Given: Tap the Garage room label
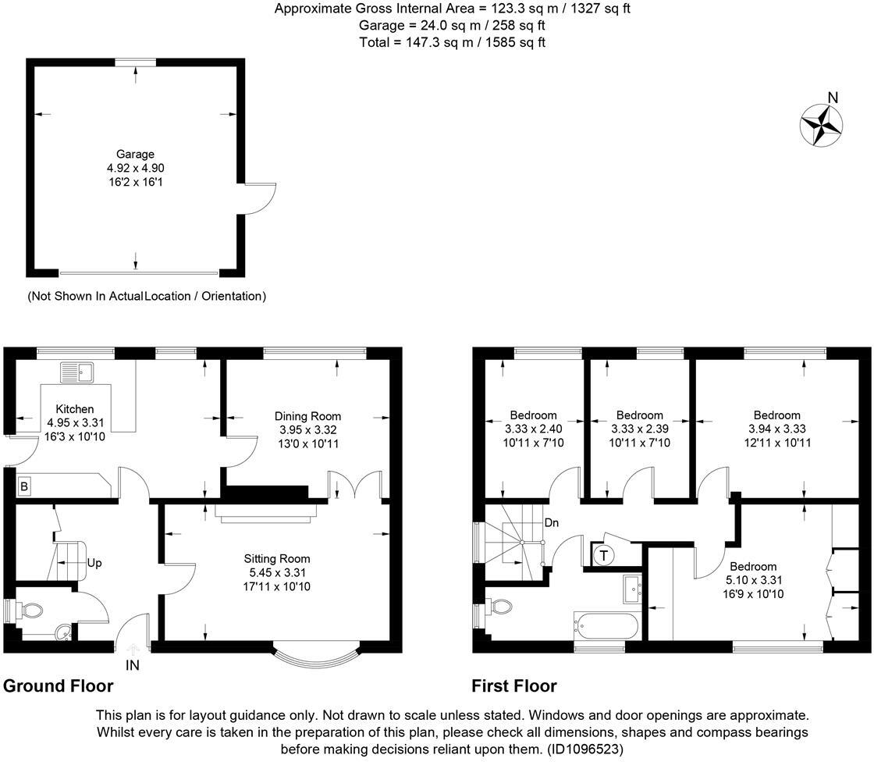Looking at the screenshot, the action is click(136, 154).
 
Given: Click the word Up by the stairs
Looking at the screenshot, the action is click(94, 562).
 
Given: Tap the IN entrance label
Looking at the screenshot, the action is click(133, 665).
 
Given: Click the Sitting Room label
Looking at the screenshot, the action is click(276, 558).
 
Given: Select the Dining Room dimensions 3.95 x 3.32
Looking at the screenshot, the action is click(307, 429).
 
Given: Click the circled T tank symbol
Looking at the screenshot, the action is click(604, 555).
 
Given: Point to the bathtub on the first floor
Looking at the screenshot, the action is click(606, 625).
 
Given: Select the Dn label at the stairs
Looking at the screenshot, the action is click(551, 522).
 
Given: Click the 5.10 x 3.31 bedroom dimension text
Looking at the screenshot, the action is click(753, 580).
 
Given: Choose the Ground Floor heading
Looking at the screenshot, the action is click(59, 686).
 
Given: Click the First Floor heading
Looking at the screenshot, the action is click(514, 686).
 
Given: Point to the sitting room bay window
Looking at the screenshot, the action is click(315, 660).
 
